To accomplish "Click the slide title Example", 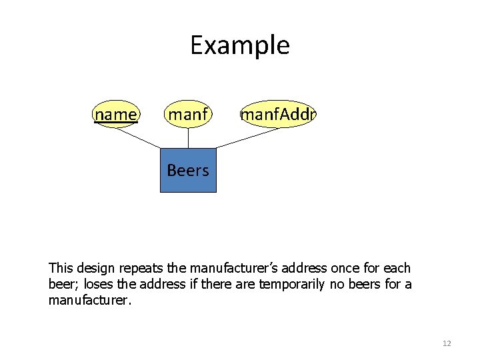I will (x=239, y=45).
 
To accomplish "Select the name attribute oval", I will (x=116, y=115).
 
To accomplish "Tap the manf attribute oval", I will (x=188, y=115).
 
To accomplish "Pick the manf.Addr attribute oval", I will (x=278, y=115).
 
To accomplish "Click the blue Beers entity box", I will (x=188, y=170).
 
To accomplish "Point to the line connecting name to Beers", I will (x=138, y=137).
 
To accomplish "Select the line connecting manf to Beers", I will (x=188, y=138).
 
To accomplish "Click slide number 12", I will (x=447, y=343).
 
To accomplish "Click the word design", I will (x=95, y=269).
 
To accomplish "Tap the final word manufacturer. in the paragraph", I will (x=91, y=301).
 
